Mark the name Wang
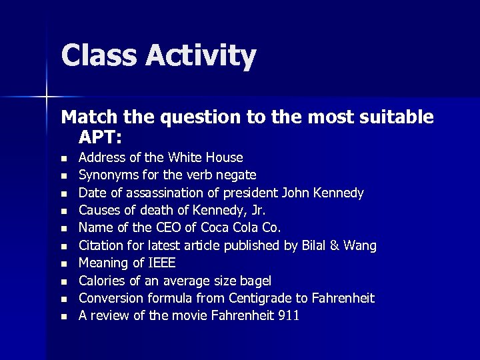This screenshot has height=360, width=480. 361,246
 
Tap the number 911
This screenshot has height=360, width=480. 287,315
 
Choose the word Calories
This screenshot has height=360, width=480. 103,281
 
